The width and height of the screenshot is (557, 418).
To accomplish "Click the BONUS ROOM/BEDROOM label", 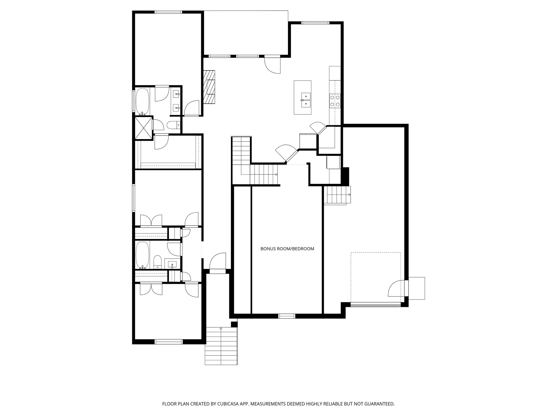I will (x=287, y=249).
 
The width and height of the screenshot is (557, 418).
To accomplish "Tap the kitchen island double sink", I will (x=306, y=100).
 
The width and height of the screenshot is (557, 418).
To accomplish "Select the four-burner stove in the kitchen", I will (x=335, y=100).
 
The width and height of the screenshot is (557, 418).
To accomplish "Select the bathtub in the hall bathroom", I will (x=142, y=255).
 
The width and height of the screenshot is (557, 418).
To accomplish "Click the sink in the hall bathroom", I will (x=172, y=264).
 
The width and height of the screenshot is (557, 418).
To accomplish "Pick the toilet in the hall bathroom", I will (x=157, y=262).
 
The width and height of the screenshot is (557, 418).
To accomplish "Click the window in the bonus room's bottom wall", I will (x=287, y=316).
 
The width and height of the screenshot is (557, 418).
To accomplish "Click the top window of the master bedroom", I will (x=168, y=12).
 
